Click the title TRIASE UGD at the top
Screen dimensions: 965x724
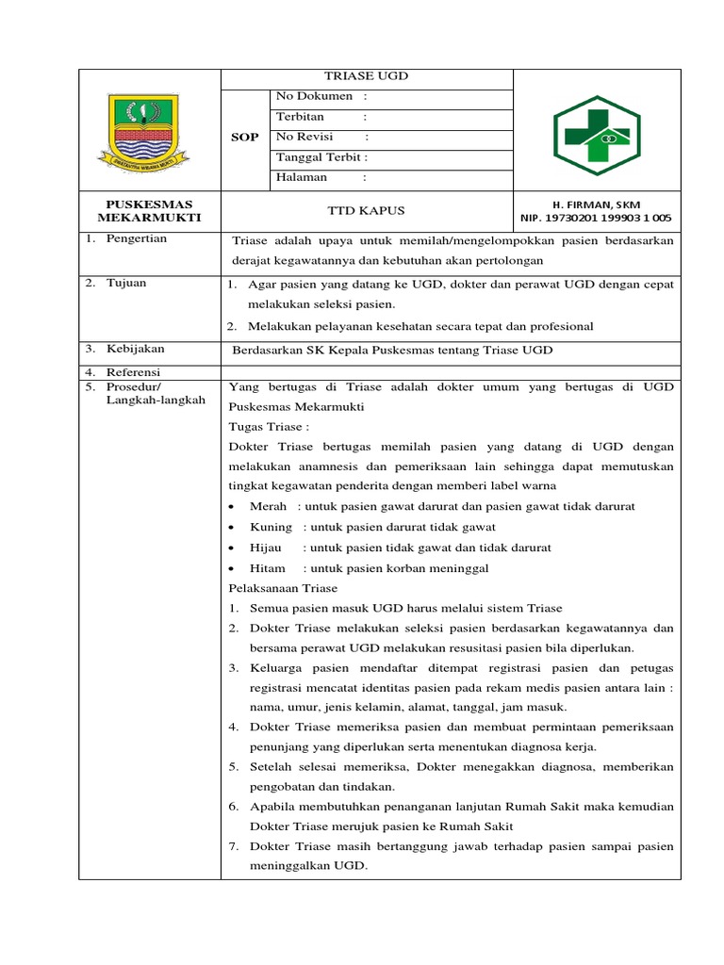coord(367,76)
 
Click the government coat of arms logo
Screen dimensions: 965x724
coord(149,131)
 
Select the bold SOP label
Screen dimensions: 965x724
coord(244,138)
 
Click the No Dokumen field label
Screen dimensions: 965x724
coord(314,96)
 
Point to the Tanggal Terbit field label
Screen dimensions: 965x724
coord(321,157)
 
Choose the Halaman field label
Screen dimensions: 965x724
coord(302,177)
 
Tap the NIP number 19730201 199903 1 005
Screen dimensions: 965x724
coord(596,219)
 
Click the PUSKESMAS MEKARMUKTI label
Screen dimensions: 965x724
coord(149,211)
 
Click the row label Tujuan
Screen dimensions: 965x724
coord(127,284)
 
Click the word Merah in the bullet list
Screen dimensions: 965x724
coord(268,507)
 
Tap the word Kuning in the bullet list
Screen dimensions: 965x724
coord(271,528)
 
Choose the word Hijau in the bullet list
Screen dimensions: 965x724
coord(267,548)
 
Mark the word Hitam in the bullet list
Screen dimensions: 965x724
coord(267,569)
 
